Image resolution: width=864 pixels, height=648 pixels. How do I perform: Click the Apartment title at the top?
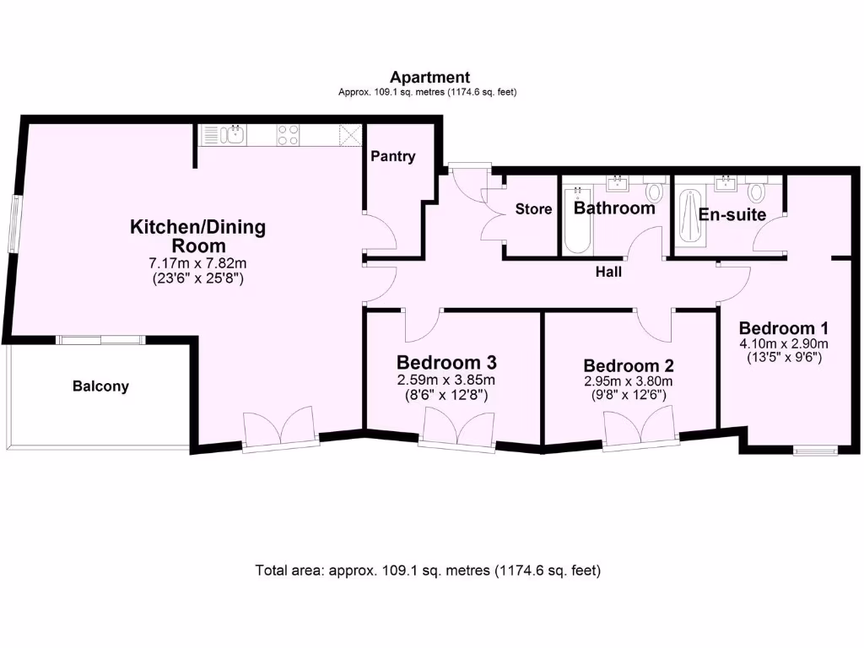[x=429, y=78]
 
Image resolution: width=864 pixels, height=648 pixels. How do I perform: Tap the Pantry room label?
[x=393, y=156]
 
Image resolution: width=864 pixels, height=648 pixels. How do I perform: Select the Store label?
[x=533, y=209]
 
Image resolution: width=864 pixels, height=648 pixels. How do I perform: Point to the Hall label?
[x=608, y=272]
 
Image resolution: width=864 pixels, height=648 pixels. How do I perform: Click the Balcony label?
[x=100, y=386]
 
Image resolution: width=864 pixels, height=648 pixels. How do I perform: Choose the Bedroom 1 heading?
[x=784, y=328]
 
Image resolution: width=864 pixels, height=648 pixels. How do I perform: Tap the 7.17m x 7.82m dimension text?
[x=197, y=263]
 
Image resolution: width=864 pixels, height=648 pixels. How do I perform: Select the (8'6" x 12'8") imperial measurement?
[x=446, y=394]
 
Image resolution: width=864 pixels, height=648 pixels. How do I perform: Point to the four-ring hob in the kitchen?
[x=288, y=134]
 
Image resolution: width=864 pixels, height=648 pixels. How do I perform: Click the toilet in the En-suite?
[x=756, y=192]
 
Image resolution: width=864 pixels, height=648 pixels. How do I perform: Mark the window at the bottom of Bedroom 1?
[x=816, y=451]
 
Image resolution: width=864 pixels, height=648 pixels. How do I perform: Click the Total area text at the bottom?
[x=428, y=570]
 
